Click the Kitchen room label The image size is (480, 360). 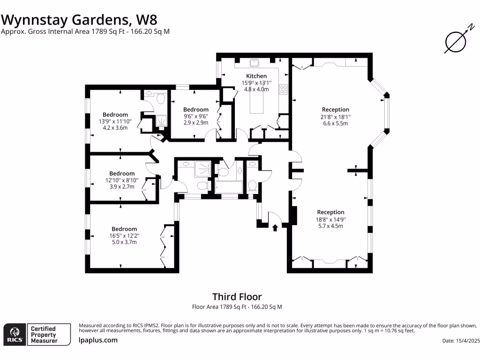256,76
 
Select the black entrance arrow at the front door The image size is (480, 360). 275,228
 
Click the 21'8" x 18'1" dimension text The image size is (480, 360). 336,117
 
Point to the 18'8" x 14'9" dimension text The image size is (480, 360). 330,219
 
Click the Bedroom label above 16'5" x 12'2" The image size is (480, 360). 124,229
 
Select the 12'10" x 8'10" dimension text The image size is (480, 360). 122,180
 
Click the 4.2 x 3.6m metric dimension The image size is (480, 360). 115,127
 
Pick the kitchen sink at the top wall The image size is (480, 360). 255,63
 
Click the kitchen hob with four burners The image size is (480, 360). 283,89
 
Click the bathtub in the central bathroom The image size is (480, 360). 229,187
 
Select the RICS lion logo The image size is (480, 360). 15,335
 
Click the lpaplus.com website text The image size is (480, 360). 98,340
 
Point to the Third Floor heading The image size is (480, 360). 237,297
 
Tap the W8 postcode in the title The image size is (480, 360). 146,20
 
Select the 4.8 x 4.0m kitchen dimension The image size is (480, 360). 256,89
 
